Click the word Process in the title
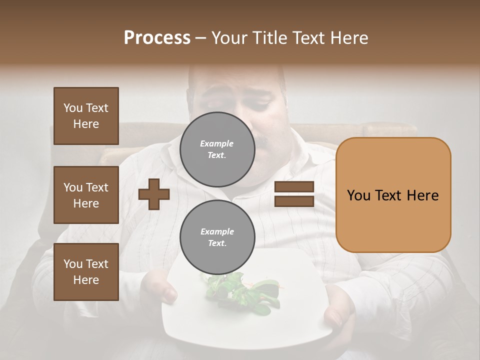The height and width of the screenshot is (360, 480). [x=156, y=38]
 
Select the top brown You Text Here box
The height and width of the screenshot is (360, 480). [x=86, y=116]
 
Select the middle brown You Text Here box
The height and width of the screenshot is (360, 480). [x=86, y=195]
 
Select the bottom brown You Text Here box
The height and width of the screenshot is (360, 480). [x=86, y=271]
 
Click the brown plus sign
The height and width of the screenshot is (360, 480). [x=154, y=194]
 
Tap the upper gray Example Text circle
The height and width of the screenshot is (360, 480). [x=217, y=149]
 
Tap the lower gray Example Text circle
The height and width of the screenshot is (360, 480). [x=217, y=237]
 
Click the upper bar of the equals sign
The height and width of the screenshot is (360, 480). [x=294, y=186]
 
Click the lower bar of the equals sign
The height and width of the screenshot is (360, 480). [x=294, y=201]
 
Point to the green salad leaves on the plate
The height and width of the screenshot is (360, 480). [x=240, y=292]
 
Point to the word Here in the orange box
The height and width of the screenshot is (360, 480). [x=422, y=195]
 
